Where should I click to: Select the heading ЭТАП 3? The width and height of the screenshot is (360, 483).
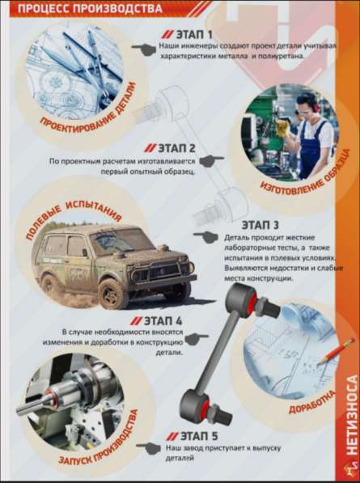tap(260, 225)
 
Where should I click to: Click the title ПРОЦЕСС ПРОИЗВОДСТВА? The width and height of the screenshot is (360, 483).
tap(90, 8)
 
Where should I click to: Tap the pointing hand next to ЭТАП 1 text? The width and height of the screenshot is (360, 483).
tap(144, 49)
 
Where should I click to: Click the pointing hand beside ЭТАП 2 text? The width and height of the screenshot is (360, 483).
tap(211, 161)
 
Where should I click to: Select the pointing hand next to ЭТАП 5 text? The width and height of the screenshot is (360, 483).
tap(148, 448)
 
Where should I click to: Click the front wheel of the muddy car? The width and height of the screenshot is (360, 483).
tap(112, 294)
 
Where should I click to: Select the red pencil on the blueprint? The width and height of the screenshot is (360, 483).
tap(337, 350)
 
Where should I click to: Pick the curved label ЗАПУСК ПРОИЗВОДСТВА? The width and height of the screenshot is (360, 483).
tap(99, 439)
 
